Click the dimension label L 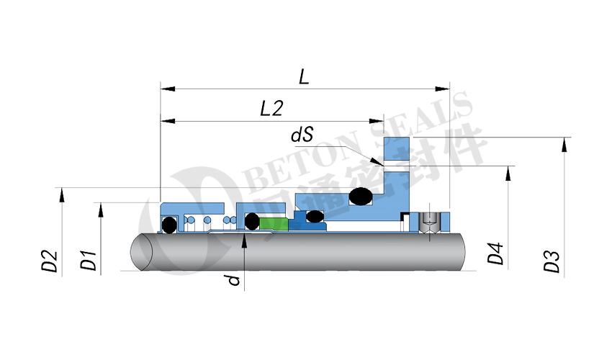pos(304,76)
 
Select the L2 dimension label pos(271,108)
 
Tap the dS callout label pos(302,135)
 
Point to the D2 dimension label pos(50,261)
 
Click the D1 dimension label pos(88,261)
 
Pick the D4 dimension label pos(495,253)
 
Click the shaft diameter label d pos(233,280)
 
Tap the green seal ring pos(274,223)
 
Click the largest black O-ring pos(361,197)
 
